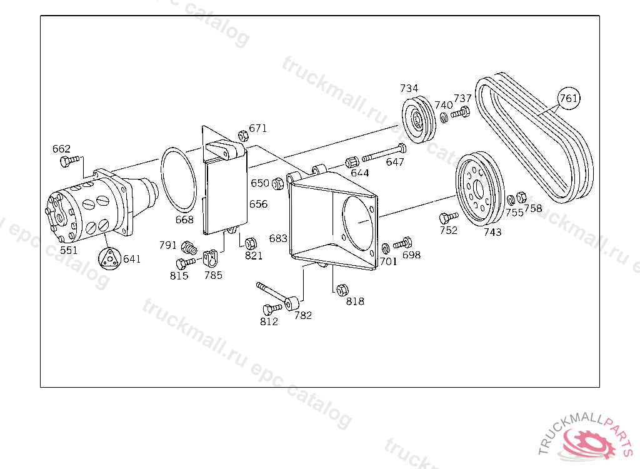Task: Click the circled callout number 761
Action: click(x=569, y=98)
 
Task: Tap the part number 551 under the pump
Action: click(x=69, y=250)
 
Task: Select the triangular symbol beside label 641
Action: click(x=110, y=259)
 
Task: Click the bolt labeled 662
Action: click(x=69, y=161)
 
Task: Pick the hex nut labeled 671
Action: click(x=243, y=135)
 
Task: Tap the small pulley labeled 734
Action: click(x=419, y=119)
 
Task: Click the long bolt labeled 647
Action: click(x=384, y=152)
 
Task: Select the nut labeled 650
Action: click(x=277, y=183)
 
